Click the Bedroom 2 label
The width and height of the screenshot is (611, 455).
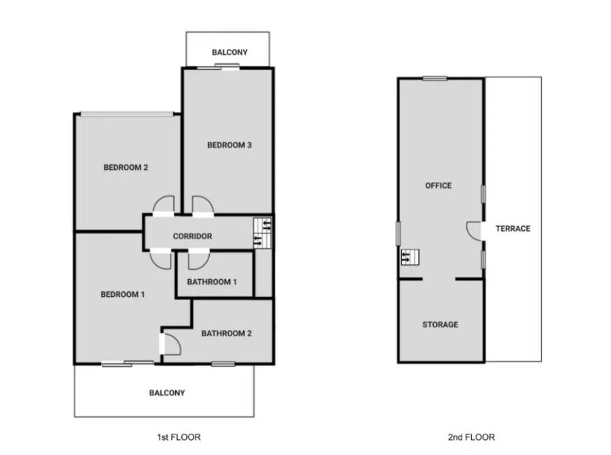(126, 167)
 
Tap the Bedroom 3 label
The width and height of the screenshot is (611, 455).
(229, 145)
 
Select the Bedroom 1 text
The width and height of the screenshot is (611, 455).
(122, 294)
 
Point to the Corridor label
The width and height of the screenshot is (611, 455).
(193, 236)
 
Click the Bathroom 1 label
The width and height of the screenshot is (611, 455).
(212, 282)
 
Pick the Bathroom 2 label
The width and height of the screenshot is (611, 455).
(226, 333)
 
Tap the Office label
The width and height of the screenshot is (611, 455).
(439, 185)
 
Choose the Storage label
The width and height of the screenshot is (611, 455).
(441, 325)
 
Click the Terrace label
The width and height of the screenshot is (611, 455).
(513, 228)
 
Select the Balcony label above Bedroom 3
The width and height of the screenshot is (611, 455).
(229, 52)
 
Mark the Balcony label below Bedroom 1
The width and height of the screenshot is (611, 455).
(167, 393)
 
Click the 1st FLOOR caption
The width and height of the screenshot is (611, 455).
(179, 437)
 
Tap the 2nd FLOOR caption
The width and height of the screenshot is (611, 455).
(472, 437)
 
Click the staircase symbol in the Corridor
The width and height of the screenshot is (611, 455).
(262, 233)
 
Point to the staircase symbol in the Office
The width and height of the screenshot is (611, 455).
(410, 257)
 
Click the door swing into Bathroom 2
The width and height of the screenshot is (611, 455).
(172, 344)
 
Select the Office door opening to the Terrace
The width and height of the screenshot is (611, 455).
(473, 231)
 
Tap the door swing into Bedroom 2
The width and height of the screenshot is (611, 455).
(163, 204)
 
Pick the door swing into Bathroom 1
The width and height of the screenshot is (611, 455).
(199, 260)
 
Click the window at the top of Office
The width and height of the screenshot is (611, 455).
(435, 78)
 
